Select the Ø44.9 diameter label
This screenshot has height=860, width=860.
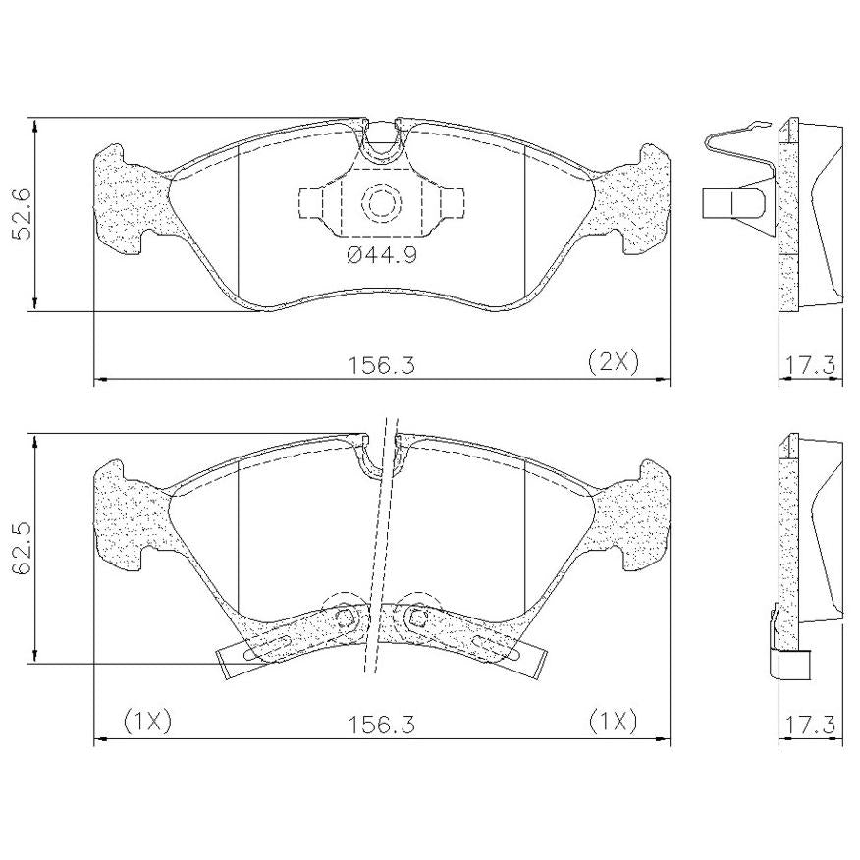(x=382, y=254)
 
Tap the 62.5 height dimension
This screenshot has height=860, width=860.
(x=23, y=548)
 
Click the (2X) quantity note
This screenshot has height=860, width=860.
(x=614, y=362)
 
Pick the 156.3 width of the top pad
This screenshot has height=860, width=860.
(x=382, y=365)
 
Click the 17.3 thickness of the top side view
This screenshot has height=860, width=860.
(x=810, y=365)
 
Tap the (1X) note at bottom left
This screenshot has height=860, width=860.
(x=147, y=722)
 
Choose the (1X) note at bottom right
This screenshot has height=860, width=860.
(x=614, y=722)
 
